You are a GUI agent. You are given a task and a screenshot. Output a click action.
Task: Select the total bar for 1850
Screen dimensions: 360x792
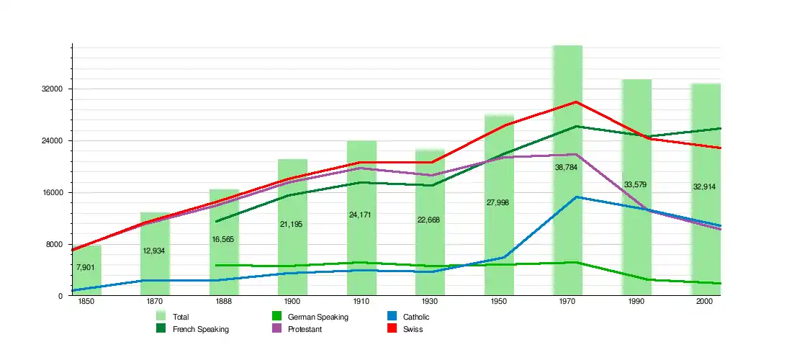(86, 281)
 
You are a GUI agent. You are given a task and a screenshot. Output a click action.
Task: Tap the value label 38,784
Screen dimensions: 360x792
(566, 167)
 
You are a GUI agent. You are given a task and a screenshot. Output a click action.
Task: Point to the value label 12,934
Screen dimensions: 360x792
(154, 251)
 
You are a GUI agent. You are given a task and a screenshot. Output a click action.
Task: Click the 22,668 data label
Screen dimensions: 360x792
(428, 220)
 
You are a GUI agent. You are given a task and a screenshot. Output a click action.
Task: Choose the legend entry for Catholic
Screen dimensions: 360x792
(416, 317)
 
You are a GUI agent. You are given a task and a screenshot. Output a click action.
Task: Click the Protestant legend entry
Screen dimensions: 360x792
(304, 329)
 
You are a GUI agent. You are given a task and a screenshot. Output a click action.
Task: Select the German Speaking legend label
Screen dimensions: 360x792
(318, 317)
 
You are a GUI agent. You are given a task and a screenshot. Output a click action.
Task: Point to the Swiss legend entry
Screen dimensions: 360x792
(413, 329)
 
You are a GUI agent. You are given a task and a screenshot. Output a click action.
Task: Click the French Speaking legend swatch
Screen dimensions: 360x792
(161, 329)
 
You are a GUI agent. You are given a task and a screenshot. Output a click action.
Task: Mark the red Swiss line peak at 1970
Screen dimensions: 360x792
(575, 102)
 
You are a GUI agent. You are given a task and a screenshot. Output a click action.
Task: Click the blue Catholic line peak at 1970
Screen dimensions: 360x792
(575, 197)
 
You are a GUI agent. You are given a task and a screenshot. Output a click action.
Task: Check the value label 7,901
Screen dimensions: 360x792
(85, 268)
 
